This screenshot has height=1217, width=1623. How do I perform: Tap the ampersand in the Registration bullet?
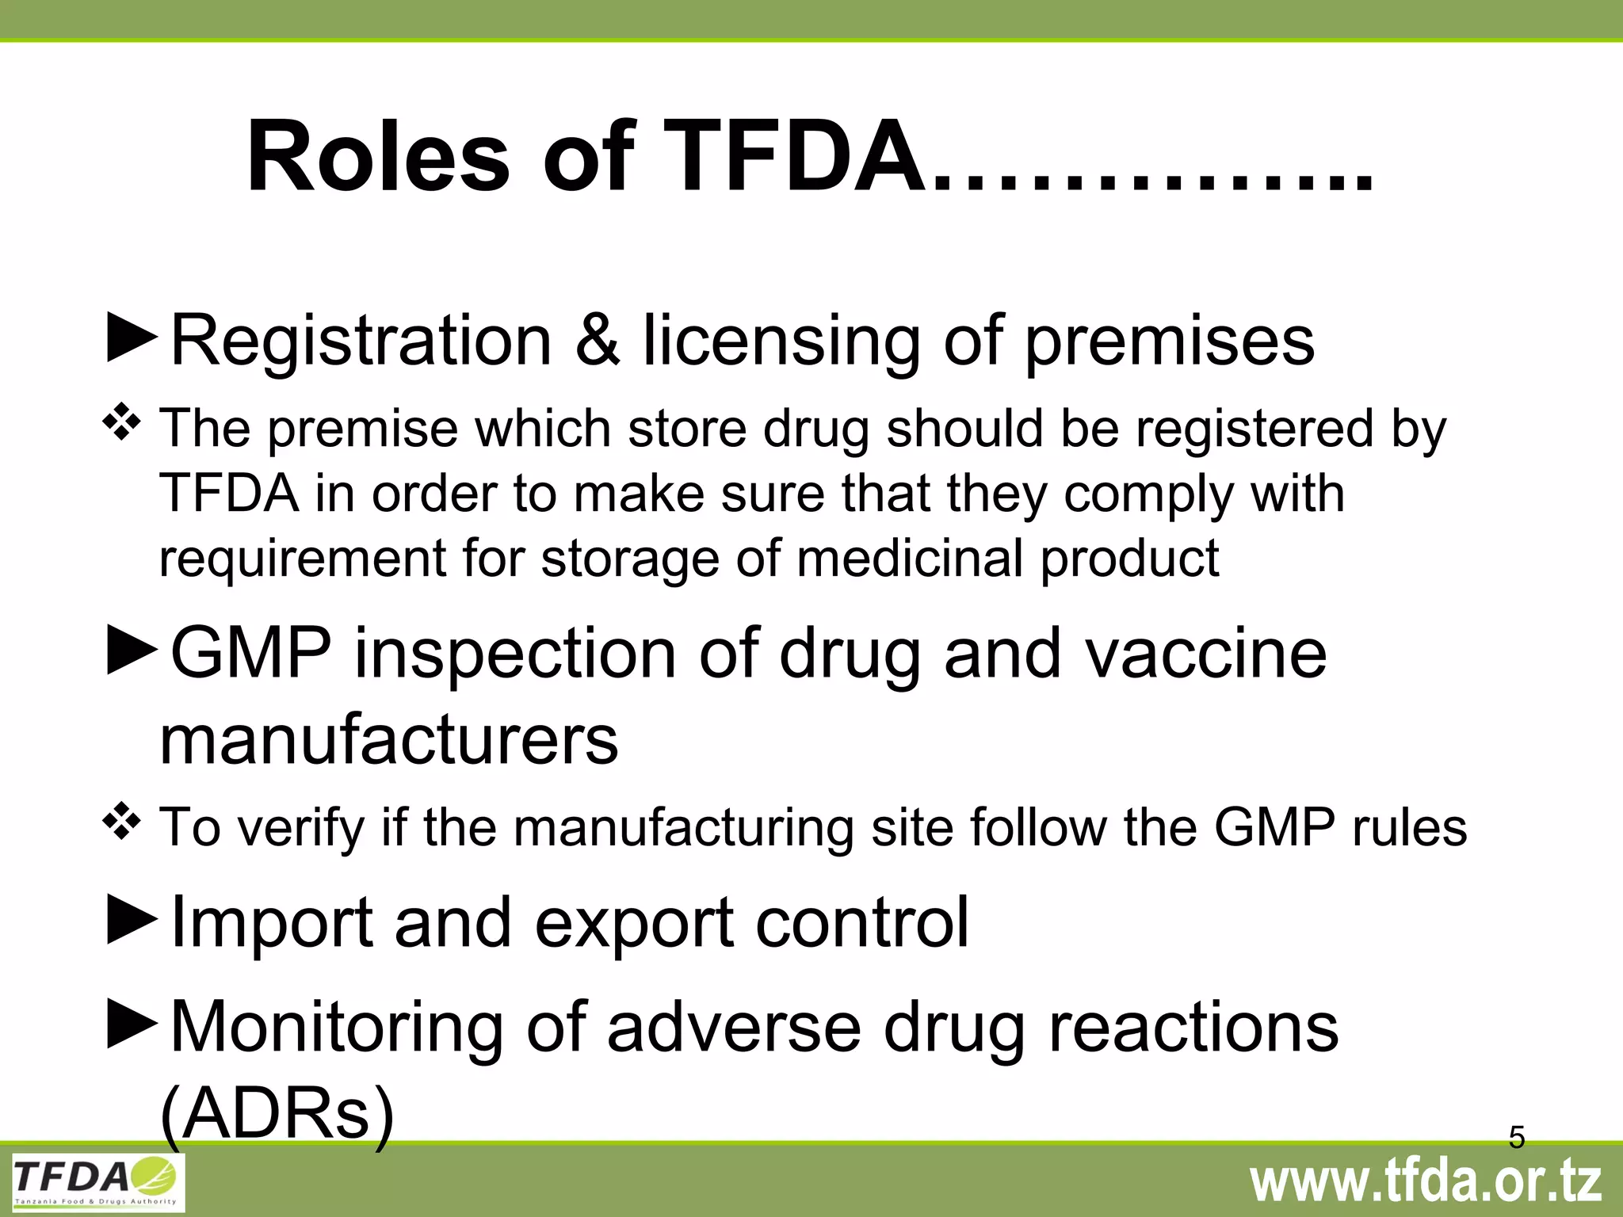[x=597, y=341]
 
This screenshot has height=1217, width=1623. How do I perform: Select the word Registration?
[x=361, y=341]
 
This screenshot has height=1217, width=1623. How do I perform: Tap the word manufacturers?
[x=388, y=739]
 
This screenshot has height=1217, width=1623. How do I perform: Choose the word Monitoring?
[x=337, y=1027]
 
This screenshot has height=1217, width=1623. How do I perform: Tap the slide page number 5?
[x=1517, y=1137]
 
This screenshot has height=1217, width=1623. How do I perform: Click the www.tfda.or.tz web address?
[x=1426, y=1182]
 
